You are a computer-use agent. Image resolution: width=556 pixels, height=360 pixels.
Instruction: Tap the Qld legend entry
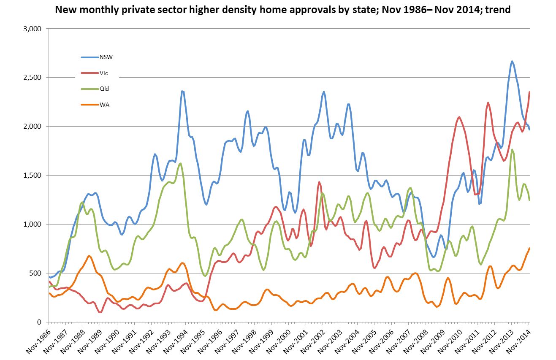tap(103, 89)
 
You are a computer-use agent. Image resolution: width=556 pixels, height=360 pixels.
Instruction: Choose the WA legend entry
tap(103, 105)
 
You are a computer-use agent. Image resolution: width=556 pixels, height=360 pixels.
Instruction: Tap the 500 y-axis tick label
tap(35, 273)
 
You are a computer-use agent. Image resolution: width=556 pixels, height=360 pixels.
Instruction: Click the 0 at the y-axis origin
tap(38, 322)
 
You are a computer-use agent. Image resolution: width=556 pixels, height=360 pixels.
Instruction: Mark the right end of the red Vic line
tap(529, 92)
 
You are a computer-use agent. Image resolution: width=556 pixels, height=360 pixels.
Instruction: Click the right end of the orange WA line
tap(529, 248)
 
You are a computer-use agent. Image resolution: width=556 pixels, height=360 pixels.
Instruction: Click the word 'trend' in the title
tap(498, 10)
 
